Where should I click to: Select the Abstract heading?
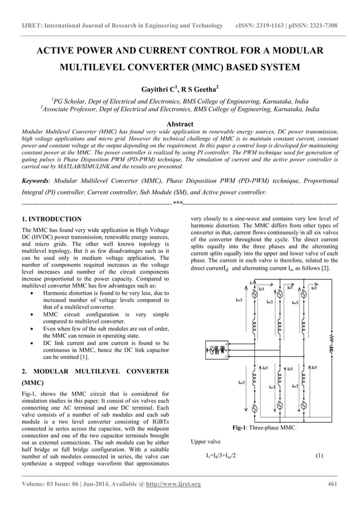click(x=180, y=124)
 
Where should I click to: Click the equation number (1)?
click(x=319, y=455)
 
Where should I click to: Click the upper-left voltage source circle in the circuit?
click(x=254, y=294)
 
